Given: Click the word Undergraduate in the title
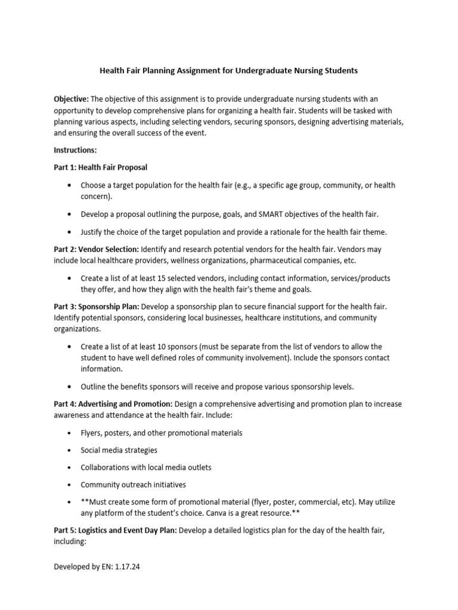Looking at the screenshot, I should [x=262, y=70].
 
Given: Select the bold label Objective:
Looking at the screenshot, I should [x=72, y=98].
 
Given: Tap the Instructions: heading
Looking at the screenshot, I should [x=75, y=151].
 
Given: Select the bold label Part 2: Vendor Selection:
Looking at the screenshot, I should [x=96, y=249].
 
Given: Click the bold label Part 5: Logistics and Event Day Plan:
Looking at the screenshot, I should [x=115, y=531].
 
